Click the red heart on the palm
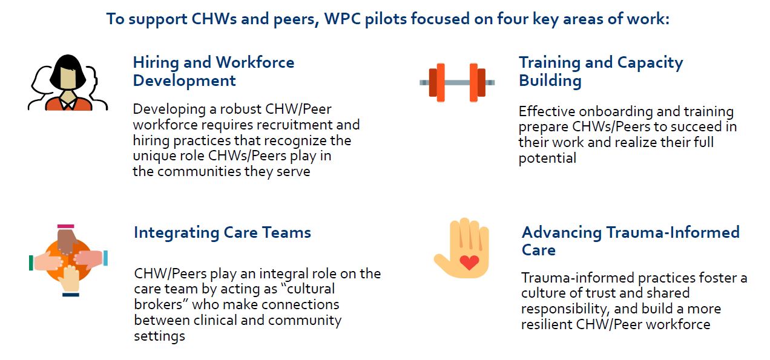[469, 263]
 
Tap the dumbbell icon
[457, 82]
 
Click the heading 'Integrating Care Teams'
[222, 232]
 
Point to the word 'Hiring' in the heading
[156, 63]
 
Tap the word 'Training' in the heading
[549, 63]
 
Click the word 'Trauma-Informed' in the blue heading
[673, 232]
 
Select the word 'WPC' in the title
[343, 19]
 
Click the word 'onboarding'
[617, 111]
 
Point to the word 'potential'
[547, 159]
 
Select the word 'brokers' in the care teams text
[158, 305]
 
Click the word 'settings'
[159, 336]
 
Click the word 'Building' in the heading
[550, 81]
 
